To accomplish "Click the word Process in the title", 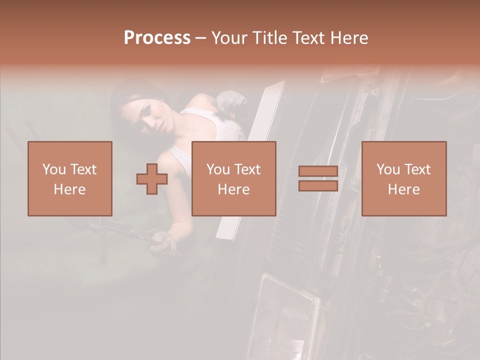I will [157, 38].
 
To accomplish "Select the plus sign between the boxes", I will [152, 178].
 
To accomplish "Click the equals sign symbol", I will [318, 178].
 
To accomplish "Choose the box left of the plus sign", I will [70, 178].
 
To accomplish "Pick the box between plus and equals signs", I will [233, 178].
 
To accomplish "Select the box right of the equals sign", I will [403, 178].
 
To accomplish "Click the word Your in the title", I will [229, 38].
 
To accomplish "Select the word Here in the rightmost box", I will [403, 189].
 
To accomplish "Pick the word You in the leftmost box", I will [54, 169].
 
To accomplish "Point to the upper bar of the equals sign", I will [318, 171].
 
